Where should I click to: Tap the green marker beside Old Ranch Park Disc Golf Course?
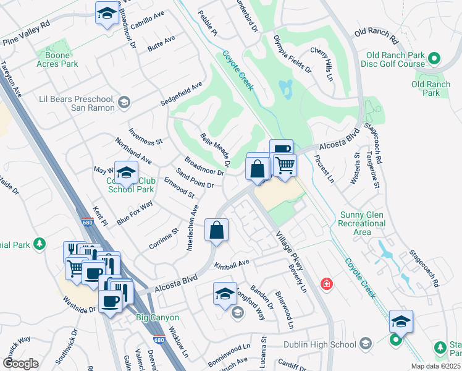(x=434, y=59)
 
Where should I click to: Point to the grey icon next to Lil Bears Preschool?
(x=124, y=103)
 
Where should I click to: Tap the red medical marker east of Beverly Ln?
(x=325, y=284)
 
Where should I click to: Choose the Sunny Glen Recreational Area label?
(x=363, y=223)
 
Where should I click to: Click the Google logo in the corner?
(x=20, y=364)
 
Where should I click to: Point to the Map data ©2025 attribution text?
(x=435, y=366)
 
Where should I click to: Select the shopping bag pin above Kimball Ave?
(x=217, y=230)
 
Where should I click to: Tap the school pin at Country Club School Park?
(x=126, y=174)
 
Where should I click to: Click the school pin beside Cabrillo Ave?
(x=107, y=14)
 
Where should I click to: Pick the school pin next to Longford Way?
(x=225, y=293)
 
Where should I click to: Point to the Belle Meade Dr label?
(x=215, y=150)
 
